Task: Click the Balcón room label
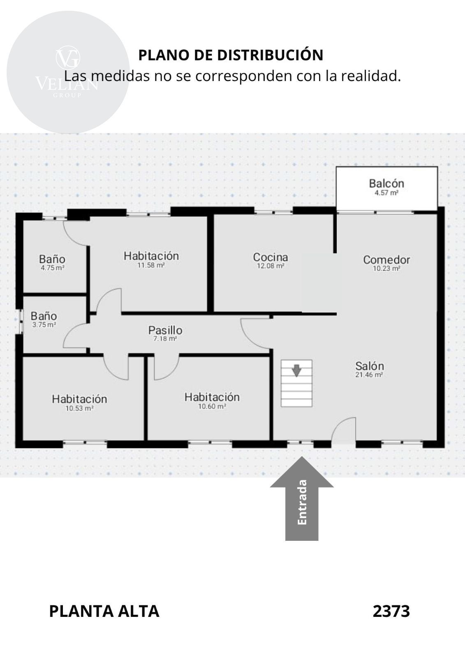pyautogui.click(x=386, y=183)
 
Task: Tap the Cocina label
pyautogui.click(x=271, y=257)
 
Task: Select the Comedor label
pyautogui.click(x=386, y=259)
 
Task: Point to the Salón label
pyautogui.click(x=370, y=366)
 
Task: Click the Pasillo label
pyautogui.click(x=165, y=330)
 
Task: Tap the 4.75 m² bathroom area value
pyautogui.click(x=53, y=268)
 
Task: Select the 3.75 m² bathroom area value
pyautogui.click(x=44, y=324)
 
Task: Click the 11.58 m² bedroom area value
pyautogui.click(x=151, y=265)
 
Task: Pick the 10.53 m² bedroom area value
pyautogui.click(x=80, y=408)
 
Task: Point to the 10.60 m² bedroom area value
pyautogui.click(x=212, y=407)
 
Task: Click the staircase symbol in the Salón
pyautogui.click(x=296, y=383)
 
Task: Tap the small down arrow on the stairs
pyautogui.click(x=297, y=371)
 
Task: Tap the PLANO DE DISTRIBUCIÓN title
pyautogui.click(x=231, y=55)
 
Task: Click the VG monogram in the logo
pyautogui.click(x=68, y=58)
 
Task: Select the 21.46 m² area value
pyautogui.click(x=369, y=375)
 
